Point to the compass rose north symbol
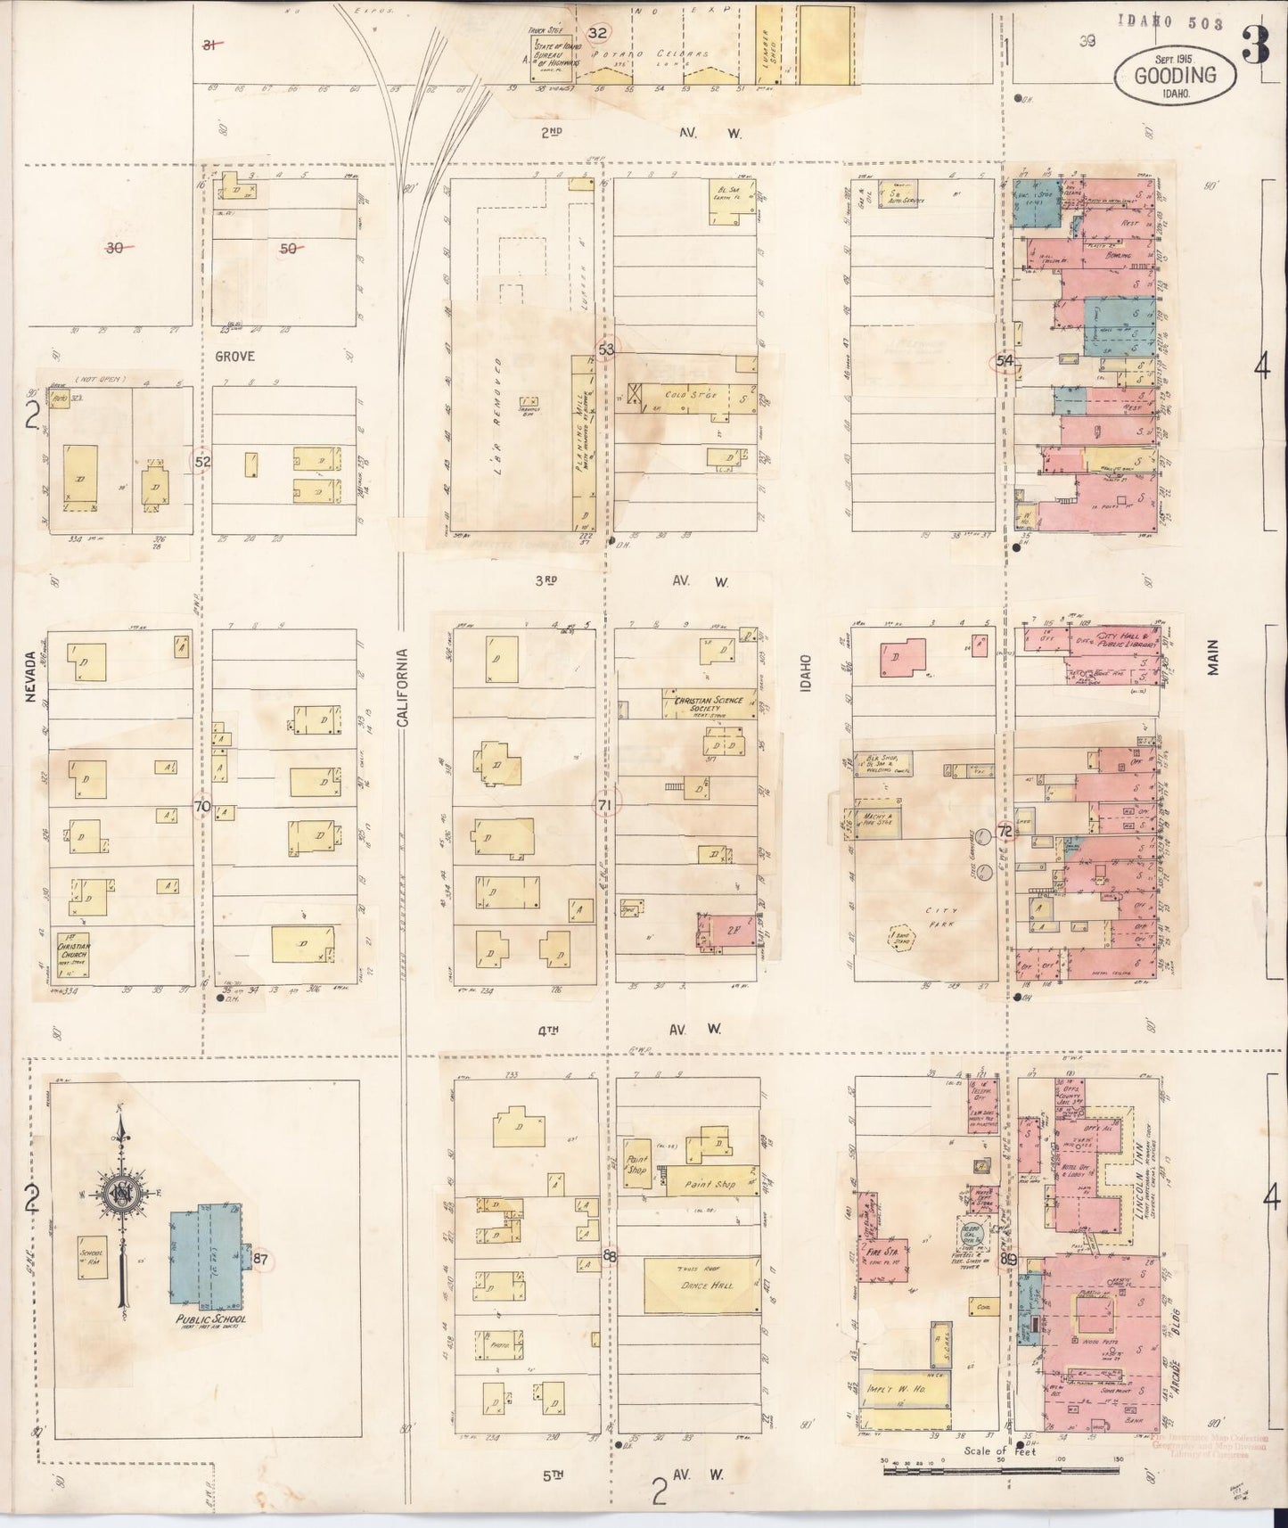point(119,1195)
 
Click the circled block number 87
point(260,1259)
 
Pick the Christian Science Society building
point(709,704)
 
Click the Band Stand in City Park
point(899,935)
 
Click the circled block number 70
point(202,807)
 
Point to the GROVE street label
point(234,356)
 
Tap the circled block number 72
point(1005,830)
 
